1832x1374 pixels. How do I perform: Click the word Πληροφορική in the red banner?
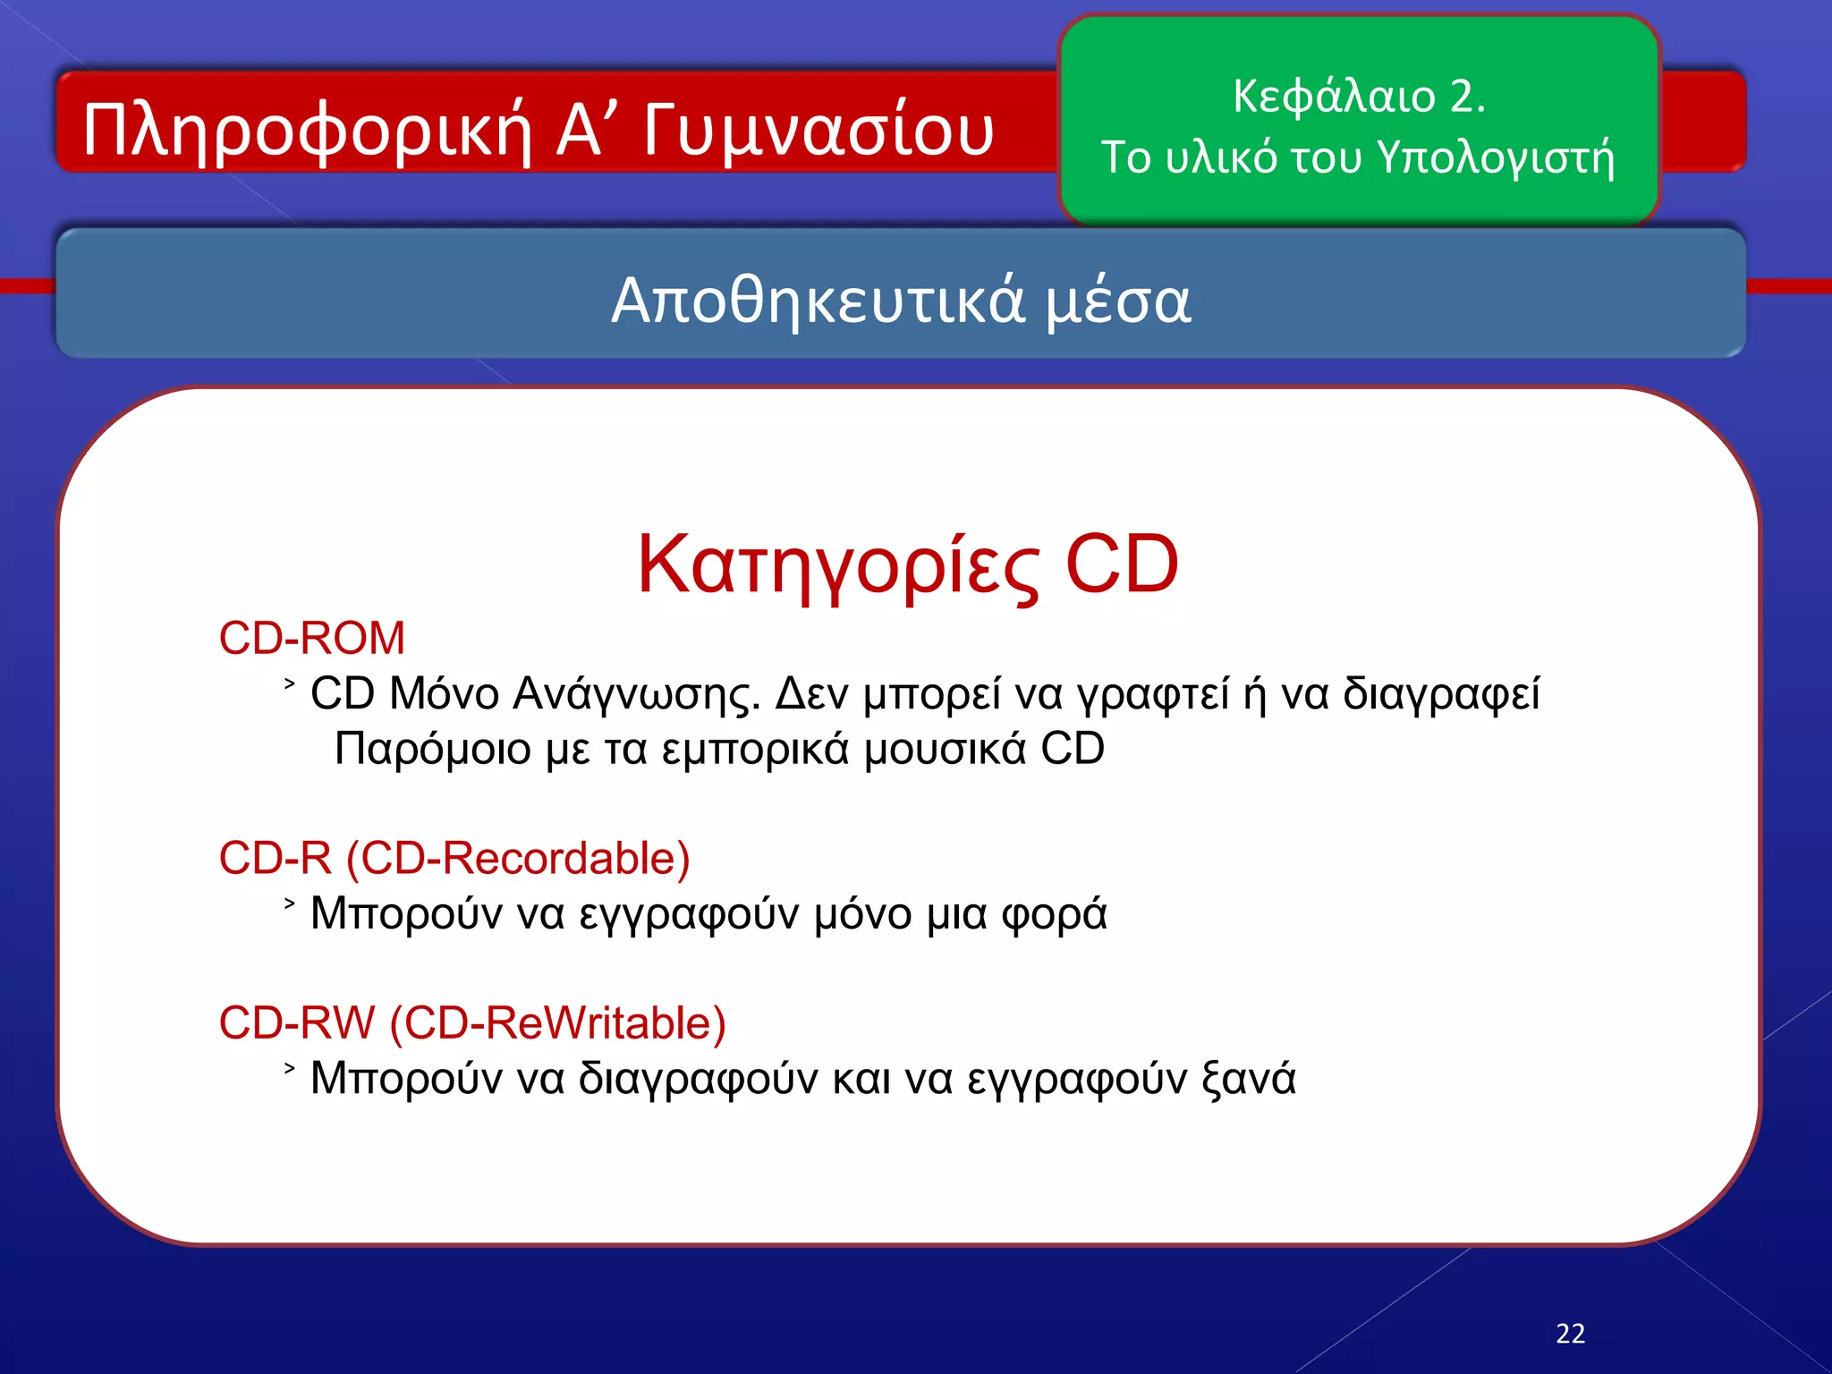tap(309, 131)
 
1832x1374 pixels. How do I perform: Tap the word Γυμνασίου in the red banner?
tap(818, 131)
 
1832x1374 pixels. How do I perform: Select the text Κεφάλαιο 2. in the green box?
tap(1359, 96)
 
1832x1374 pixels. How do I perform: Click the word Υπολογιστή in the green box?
tap(1496, 158)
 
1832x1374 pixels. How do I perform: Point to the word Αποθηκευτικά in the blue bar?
tap(817, 301)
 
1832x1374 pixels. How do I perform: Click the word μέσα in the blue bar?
tap(1118, 301)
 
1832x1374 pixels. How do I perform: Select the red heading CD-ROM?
tap(312, 639)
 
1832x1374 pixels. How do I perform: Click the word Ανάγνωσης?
tap(637, 694)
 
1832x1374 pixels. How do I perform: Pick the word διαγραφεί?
tap(1441, 694)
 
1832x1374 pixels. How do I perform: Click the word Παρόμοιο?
tap(433, 749)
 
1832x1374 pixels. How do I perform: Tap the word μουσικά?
tap(945, 749)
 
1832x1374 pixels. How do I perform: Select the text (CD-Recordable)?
tap(518, 859)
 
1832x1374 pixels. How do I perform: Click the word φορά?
tap(1054, 914)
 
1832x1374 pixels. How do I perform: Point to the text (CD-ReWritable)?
tap(557, 1023)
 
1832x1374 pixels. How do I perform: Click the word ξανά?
tap(1249, 1079)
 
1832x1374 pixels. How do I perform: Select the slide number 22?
tap(1571, 1334)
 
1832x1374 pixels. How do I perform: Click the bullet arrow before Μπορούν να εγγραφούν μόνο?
tap(289, 903)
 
